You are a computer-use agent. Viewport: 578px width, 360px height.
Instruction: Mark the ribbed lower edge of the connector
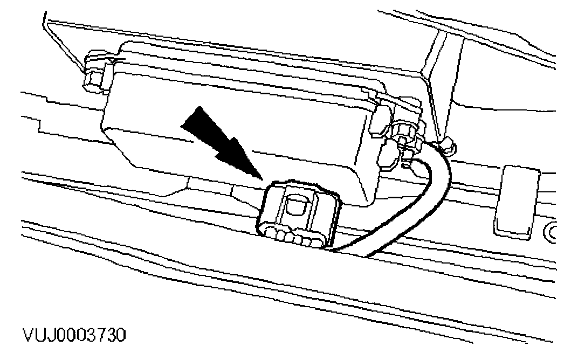click(291, 237)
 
